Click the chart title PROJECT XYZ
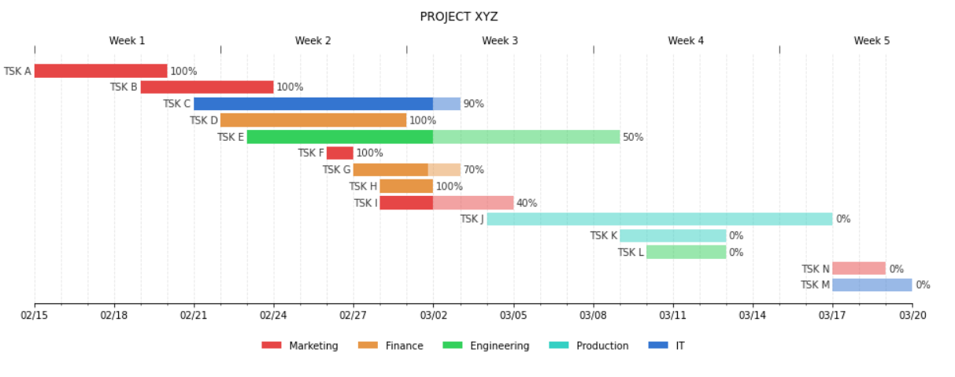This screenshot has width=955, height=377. click(x=458, y=17)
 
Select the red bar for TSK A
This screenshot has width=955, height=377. click(x=101, y=71)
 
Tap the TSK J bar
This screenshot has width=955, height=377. click(x=659, y=219)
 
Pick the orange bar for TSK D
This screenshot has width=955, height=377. click(x=313, y=120)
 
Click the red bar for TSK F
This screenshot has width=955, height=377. click(x=339, y=153)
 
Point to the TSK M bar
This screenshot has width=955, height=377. click(x=872, y=285)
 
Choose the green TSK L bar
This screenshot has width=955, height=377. click(x=686, y=252)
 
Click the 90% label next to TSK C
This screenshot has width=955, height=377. click(x=473, y=104)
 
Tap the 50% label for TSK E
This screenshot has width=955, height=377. click(x=632, y=137)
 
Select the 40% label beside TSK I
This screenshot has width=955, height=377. click(x=526, y=203)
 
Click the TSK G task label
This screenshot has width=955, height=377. click(x=336, y=170)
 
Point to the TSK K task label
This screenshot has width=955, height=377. click(x=603, y=235)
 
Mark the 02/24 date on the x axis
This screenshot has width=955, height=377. click(x=273, y=316)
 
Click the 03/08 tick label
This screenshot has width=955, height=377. click(x=593, y=316)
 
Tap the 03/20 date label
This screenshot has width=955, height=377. click(x=912, y=316)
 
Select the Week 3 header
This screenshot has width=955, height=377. click(x=500, y=41)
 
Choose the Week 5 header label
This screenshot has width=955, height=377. click(x=872, y=41)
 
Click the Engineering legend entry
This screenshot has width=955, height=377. click(x=499, y=346)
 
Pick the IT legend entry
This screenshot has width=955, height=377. click(x=679, y=346)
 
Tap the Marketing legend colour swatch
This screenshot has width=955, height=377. click(x=272, y=346)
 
